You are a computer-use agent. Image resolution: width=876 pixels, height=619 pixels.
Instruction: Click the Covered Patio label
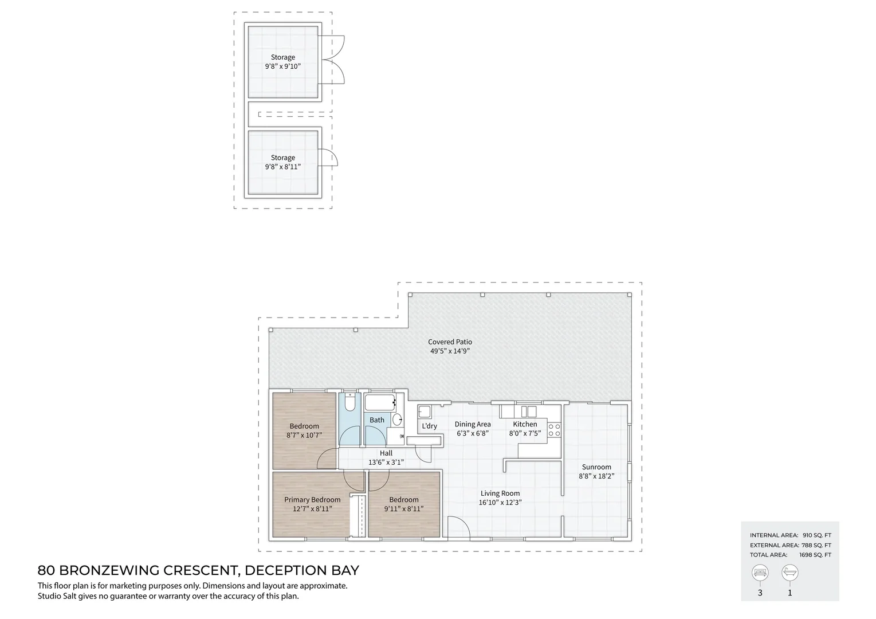pos(450,342)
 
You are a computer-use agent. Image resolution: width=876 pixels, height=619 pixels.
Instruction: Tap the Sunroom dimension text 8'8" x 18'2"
pos(596,476)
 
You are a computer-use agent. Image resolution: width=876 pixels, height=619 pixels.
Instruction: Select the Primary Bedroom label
pos(312,500)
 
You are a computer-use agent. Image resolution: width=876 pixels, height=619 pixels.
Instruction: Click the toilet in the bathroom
pos(349,402)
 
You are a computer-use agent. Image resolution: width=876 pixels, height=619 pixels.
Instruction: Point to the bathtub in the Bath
pos(380,402)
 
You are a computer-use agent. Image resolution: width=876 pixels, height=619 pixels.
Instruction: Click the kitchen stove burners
pos(554,430)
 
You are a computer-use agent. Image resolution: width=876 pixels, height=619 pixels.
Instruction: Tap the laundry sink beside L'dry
pos(425,412)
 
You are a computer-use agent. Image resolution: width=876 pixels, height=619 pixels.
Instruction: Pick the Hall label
pos(386,453)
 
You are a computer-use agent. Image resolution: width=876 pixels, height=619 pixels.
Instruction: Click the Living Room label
pos(500,493)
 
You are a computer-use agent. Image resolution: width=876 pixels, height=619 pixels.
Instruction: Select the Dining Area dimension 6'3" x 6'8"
pos(473,433)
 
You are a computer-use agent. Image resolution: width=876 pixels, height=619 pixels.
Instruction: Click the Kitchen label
pos(525,424)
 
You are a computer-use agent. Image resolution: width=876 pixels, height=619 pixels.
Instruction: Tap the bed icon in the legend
pos(760,573)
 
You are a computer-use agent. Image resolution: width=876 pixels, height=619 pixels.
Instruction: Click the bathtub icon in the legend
pos(790,573)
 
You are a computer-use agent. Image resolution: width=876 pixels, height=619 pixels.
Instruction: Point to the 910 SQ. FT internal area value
pos(817,535)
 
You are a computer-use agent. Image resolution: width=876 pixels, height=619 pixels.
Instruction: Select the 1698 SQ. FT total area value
pos(815,555)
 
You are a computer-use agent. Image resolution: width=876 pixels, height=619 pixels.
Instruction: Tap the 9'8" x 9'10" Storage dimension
pos(283,66)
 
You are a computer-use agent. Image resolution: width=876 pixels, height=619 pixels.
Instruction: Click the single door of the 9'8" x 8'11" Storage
pos(328,158)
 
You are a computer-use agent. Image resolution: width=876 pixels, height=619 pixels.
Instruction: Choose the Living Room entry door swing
pos(459,527)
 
